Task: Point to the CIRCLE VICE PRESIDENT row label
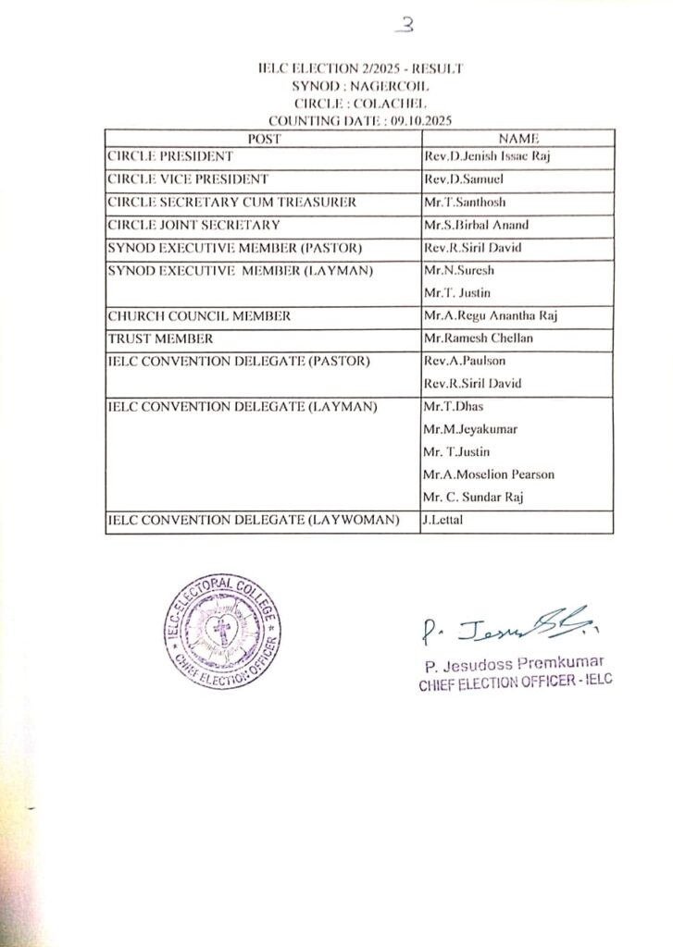pos(188,179)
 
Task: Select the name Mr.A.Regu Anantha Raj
pos(489,316)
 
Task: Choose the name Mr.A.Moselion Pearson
pos(488,474)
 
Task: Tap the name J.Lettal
pos(442,521)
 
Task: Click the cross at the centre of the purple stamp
pos(222,633)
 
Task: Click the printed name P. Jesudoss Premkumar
pos(514,664)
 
